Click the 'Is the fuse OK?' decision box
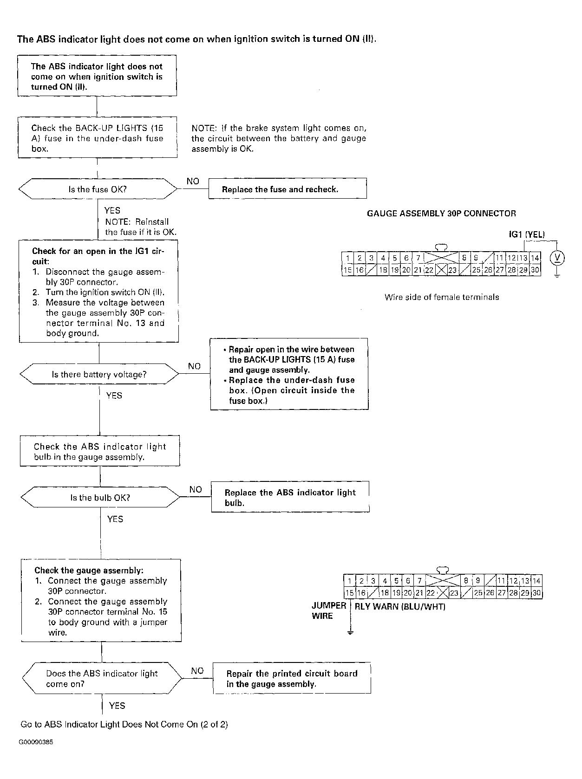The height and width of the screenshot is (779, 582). pyautogui.click(x=98, y=189)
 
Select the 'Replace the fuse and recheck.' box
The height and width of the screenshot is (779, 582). pyautogui.click(x=288, y=188)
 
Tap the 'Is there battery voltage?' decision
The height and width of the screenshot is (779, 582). pyautogui.click(x=99, y=374)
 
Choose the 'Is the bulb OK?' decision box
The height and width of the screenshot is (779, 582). pyautogui.click(x=100, y=497)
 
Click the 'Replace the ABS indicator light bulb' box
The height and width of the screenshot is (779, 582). pyautogui.click(x=290, y=497)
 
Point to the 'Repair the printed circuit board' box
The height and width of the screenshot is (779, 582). pyautogui.click(x=292, y=678)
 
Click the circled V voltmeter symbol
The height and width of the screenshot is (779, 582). pyautogui.click(x=557, y=258)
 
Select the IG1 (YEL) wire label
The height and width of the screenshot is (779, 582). pyautogui.click(x=527, y=234)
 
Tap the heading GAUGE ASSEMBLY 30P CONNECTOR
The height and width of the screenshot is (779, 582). pyautogui.click(x=441, y=213)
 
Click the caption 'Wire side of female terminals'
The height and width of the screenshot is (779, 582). pyautogui.click(x=442, y=297)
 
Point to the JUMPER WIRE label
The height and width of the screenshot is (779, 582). pyautogui.click(x=329, y=610)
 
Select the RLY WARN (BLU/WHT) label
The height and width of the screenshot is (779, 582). pyautogui.click(x=400, y=606)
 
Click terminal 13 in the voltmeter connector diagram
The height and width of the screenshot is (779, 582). pyautogui.click(x=523, y=258)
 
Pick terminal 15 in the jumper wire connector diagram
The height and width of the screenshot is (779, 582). pyautogui.click(x=349, y=593)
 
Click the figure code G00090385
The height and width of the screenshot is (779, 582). pyautogui.click(x=36, y=742)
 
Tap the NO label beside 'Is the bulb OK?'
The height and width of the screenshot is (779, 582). pyautogui.click(x=196, y=489)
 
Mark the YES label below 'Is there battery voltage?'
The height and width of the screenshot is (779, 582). pyautogui.click(x=114, y=396)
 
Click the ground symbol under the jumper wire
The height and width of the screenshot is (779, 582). pyautogui.click(x=350, y=633)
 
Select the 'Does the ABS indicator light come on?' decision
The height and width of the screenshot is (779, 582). pyautogui.click(x=102, y=678)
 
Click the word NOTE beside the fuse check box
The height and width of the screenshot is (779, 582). pyautogui.click(x=204, y=128)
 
